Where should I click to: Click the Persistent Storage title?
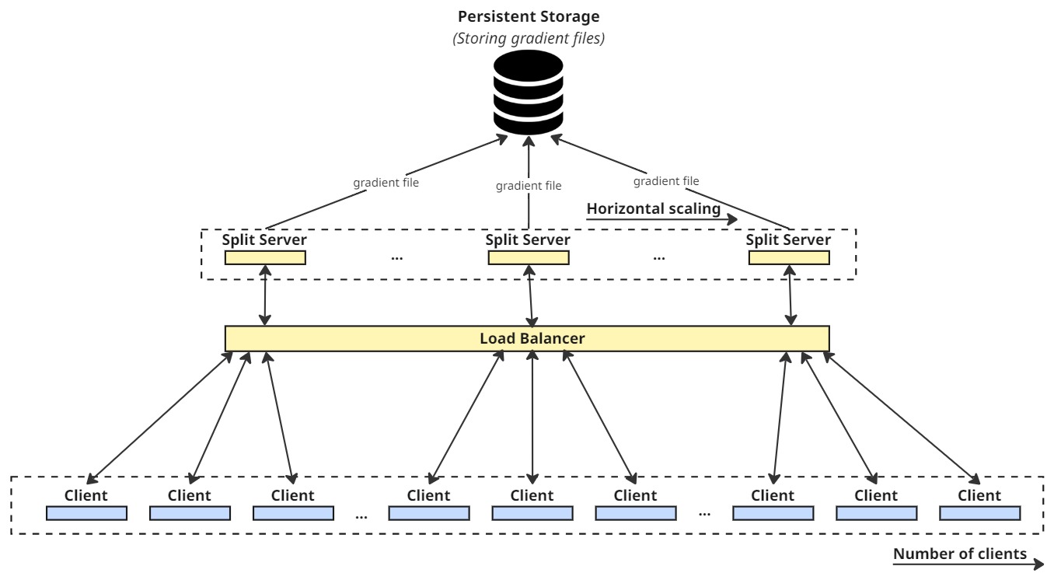pyautogui.click(x=529, y=16)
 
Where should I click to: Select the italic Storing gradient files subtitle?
pyautogui.click(x=529, y=37)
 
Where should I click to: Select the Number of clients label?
pyautogui.click(x=960, y=554)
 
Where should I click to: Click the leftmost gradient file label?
pyautogui.click(x=386, y=184)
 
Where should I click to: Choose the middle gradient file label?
pyautogui.click(x=529, y=186)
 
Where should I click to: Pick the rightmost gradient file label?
pyautogui.click(x=666, y=181)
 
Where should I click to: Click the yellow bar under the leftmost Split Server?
pyautogui.click(x=265, y=257)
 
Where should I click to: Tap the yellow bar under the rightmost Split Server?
pyautogui.click(x=789, y=257)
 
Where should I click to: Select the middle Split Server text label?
pyautogui.click(x=528, y=239)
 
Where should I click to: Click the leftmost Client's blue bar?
pyautogui.click(x=86, y=513)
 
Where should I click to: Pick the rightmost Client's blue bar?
pyautogui.click(x=979, y=513)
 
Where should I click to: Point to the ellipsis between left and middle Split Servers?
pyautogui.click(x=397, y=257)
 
